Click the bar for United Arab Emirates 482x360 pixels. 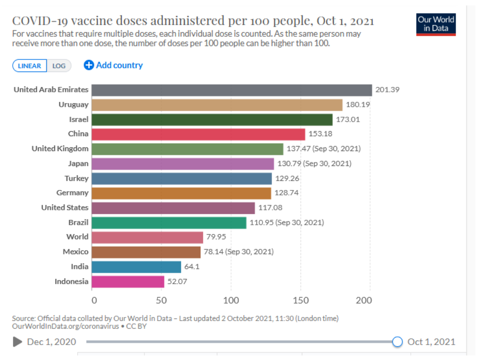pyautogui.click(x=231, y=90)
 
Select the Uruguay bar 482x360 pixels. pyautogui.click(x=217, y=105)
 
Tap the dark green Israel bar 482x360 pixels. pyautogui.click(x=212, y=120)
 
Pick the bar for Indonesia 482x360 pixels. pyautogui.click(x=128, y=282)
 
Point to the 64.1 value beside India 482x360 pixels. pyautogui.click(x=192, y=266)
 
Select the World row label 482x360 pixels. pyautogui.click(x=77, y=237)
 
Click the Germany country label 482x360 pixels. pyautogui.click(x=72, y=193)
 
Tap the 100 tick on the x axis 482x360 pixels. pyautogui.click(x=231, y=300)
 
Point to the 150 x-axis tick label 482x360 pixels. pyautogui.click(x=301, y=300)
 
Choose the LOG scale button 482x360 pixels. pyautogui.click(x=59, y=66)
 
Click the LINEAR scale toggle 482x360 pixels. pyautogui.click(x=29, y=66)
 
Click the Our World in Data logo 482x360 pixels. pyautogui.click(x=436, y=24)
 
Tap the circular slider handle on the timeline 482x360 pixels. pyautogui.click(x=397, y=342)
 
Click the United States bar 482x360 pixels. pyautogui.click(x=173, y=208)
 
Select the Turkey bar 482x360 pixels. pyautogui.click(x=181, y=178)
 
